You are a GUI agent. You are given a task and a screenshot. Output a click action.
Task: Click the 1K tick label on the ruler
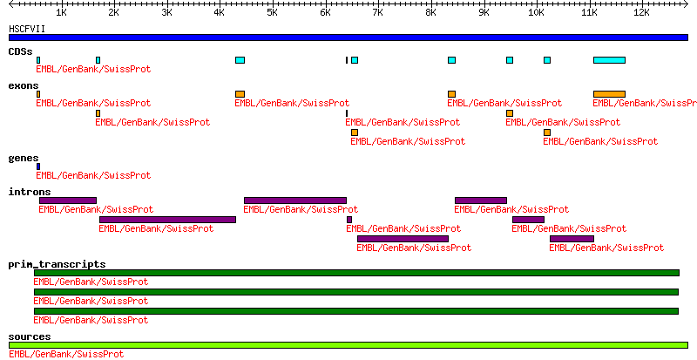[61, 13]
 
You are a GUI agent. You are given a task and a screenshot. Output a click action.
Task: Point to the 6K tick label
[325, 13]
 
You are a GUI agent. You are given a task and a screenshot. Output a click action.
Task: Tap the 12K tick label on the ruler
[641, 13]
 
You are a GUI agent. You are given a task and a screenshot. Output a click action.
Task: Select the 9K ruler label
[484, 13]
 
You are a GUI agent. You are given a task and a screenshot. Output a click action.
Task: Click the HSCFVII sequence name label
[28, 29]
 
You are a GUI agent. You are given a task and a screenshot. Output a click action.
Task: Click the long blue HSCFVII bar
[348, 37]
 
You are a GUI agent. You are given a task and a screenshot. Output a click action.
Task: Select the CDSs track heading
[21, 51]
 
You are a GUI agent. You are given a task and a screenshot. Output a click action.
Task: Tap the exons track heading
[24, 85]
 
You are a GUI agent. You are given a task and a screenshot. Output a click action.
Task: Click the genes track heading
[24, 158]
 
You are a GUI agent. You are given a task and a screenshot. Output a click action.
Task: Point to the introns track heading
[30, 192]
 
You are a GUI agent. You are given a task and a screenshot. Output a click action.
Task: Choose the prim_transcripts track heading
[57, 264]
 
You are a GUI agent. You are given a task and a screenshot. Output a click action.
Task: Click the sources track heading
[30, 336]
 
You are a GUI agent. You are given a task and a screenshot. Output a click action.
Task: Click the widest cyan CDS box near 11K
[609, 60]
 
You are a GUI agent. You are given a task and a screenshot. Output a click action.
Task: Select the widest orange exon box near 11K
[609, 94]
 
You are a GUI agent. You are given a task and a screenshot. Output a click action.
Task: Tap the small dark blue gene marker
[38, 166]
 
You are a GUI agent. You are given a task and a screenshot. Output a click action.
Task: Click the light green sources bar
[348, 345]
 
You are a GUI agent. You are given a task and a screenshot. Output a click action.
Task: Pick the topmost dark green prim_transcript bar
[355, 273]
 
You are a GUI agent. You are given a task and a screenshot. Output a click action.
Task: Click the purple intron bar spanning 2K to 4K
[167, 220]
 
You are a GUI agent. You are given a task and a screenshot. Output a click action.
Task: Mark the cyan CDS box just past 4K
[240, 60]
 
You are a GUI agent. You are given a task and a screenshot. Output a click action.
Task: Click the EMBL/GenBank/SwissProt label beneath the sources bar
[66, 354]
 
